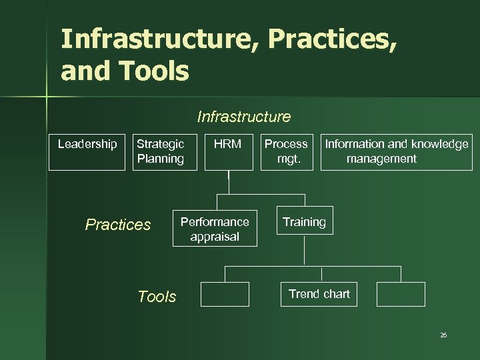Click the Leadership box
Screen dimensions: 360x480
(87, 152)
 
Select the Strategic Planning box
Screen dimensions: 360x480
(160, 152)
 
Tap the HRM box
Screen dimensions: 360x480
(228, 152)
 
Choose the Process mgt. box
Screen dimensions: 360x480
(286, 152)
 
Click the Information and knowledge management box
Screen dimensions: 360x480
(396, 152)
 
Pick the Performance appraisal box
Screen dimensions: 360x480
(215, 229)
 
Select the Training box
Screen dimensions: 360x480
(304, 222)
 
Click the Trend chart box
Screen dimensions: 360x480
(319, 294)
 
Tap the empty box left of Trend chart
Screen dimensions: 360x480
(225, 294)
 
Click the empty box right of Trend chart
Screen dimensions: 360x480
(401, 294)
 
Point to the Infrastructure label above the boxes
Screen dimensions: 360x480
(244, 117)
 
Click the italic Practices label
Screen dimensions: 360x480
(118, 225)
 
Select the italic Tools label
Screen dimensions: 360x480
(157, 297)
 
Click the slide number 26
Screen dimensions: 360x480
(443, 335)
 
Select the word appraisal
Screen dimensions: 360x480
(215, 237)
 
